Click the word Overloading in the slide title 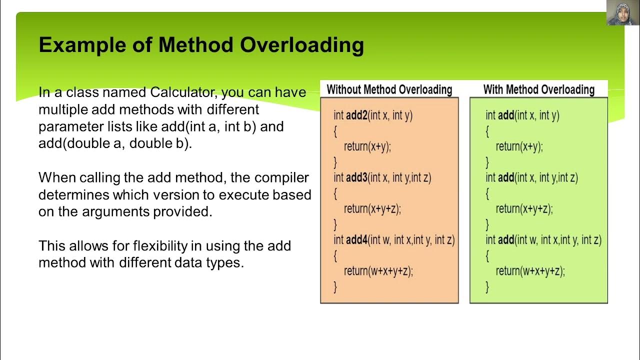coord(301,45)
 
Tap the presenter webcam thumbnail coord(619,13)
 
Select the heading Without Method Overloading coord(389,90)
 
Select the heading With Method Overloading coord(538,90)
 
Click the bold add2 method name coord(356,115)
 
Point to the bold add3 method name coord(356,177)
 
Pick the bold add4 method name coord(356,240)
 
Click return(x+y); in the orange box coord(367,146)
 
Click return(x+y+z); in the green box coord(524,209)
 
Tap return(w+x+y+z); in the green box coord(530,271)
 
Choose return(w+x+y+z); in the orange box coord(378,271)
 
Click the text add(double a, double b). coord(115,143)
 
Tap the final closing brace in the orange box coord(335,286)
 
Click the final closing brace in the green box coord(487,286)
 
